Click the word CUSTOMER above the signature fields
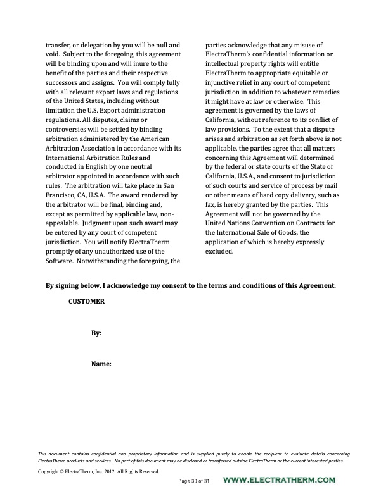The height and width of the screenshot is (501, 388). point(86,302)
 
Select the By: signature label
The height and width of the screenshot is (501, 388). point(96,333)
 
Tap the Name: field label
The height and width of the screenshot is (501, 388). point(101,364)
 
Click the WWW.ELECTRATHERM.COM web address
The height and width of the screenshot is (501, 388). point(280,481)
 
